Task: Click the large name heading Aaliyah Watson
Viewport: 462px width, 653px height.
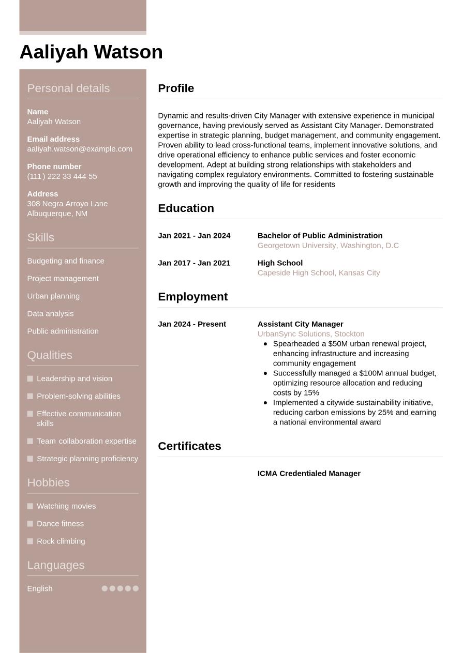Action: [x=91, y=52]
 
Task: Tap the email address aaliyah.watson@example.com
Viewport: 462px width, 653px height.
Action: [x=80, y=149]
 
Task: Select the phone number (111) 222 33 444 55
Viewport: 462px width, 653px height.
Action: [x=62, y=176]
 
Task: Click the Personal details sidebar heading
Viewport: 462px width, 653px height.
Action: [x=68, y=88]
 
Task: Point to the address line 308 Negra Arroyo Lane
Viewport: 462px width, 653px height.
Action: [x=67, y=204]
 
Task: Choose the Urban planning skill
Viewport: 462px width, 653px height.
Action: [x=53, y=296]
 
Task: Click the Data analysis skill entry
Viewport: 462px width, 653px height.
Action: [x=50, y=314]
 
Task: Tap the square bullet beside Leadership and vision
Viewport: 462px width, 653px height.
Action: [x=30, y=379]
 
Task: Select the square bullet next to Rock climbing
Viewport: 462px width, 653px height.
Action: [x=30, y=541]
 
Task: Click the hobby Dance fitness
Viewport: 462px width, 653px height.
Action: [x=60, y=524]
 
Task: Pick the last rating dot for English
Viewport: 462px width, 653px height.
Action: [x=136, y=588]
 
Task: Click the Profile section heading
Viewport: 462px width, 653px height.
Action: [x=176, y=88]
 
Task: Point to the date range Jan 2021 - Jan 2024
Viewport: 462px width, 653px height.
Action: [x=194, y=236]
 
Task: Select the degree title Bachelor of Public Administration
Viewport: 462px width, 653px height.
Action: [x=320, y=236]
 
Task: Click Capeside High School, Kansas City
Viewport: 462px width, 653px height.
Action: [x=319, y=273]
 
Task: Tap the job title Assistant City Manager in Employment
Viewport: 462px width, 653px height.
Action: [x=300, y=324]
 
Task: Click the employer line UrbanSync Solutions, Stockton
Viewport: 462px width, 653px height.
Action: [x=311, y=334]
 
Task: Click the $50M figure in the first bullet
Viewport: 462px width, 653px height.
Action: [x=338, y=344]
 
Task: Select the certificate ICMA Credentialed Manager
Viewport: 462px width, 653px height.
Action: [x=309, y=474]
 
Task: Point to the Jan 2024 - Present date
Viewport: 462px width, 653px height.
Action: [x=192, y=324]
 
